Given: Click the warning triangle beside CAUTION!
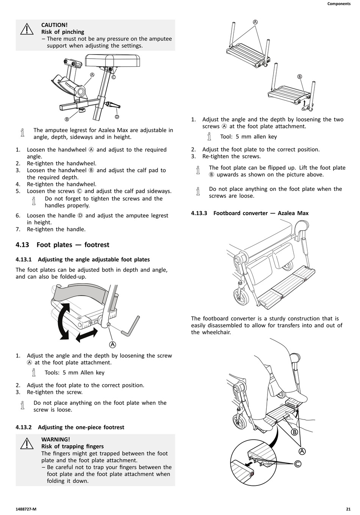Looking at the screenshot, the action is (27, 29).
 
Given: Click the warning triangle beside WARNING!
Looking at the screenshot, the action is (27, 443).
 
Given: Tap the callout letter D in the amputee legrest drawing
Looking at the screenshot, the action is (117, 117).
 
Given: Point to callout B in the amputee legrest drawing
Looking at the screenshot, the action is (67, 119).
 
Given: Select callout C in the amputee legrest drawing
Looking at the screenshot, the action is (113, 77).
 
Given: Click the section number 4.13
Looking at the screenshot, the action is (22, 245).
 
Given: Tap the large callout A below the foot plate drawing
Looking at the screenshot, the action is (113, 344).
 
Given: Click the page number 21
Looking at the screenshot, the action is (348, 509).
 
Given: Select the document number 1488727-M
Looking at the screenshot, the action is (26, 509).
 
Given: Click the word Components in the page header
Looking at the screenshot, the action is (339, 4).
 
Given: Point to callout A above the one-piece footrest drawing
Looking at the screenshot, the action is (255, 22).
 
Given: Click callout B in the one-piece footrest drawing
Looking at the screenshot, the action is (300, 76).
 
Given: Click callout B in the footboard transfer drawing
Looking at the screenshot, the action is (294, 432).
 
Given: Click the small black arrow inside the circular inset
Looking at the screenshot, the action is (248, 464).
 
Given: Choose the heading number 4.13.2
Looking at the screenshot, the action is (23, 427).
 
